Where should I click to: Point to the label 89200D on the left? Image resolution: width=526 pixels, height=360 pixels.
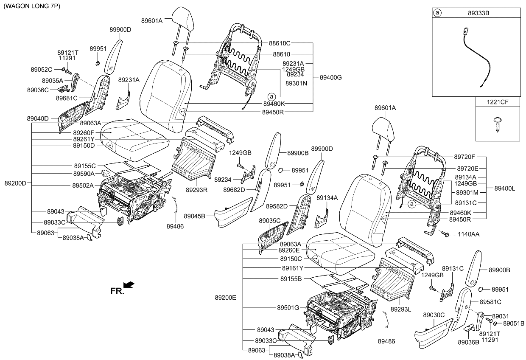tap(15, 183)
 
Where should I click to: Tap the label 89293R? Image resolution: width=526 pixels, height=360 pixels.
tap(196, 189)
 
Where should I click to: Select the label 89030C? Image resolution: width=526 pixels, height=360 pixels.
tap(433, 315)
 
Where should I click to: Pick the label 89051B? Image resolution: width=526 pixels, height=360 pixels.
tap(514, 323)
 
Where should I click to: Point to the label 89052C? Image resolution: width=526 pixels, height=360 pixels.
tap(41, 69)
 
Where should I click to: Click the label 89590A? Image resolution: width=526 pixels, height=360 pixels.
tap(84, 174)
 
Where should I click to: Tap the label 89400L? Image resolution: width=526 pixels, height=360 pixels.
tap(505, 188)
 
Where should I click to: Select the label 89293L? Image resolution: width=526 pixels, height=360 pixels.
tap(401, 309)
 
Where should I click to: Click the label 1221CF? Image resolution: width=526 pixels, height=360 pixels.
tap(498, 102)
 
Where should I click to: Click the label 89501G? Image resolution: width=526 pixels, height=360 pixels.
tap(288, 307)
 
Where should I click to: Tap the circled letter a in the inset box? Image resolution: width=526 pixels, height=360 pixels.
tap(437, 13)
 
